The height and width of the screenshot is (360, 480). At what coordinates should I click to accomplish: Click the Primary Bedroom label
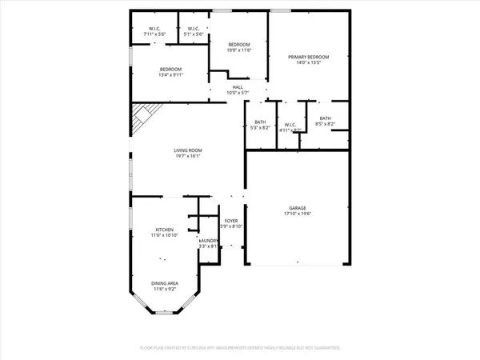pos(309,57)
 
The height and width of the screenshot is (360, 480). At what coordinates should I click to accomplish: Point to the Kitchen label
pos(164,228)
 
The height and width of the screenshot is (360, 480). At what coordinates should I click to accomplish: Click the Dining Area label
pos(165,282)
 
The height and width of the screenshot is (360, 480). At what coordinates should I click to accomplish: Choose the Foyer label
pos(231,221)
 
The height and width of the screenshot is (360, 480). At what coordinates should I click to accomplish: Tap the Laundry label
pos(208,241)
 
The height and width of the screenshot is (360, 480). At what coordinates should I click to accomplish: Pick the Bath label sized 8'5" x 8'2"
pos(325,118)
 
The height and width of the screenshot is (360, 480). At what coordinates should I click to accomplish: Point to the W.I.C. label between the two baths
pos(290,124)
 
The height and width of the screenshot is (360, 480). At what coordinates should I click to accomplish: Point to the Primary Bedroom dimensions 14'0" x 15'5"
pos(309,63)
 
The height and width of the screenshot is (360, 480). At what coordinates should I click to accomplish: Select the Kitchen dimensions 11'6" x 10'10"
pos(164,234)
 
